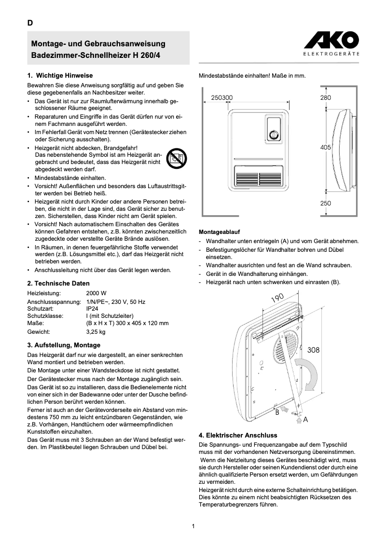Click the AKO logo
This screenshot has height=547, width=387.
click(x=331, y=40)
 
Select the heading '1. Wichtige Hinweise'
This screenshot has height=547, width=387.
click(x=60, y=76)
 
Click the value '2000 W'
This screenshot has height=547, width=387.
click(x=96, y=293)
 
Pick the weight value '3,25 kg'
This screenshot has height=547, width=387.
click(x=96, y=332)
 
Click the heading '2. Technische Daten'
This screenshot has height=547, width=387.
click(x=58, y=284)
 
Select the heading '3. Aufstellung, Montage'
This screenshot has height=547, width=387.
click(x=64, y=345)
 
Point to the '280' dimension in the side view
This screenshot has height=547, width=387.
click(x=326, y=97)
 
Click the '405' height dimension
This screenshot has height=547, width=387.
click(x=326, y=148)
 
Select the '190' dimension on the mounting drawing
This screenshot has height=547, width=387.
click(x=277, y=299)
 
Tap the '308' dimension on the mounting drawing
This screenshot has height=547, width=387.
click(x=313, y=350)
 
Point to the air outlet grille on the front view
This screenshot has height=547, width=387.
click(x=259, y=177)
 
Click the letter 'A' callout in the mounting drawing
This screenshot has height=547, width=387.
click(x=305, y=420)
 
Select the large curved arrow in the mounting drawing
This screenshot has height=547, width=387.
click(x=309, y=373)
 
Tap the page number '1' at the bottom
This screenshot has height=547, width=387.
click(x=193, y=526)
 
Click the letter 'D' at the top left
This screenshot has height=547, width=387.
click(x=30, y=23)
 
